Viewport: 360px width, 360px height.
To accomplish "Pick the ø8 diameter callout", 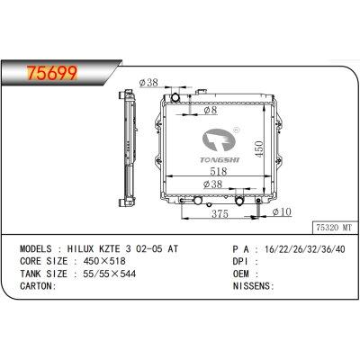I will tap(209, 112).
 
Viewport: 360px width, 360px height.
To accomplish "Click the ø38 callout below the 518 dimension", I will tap(213, 184).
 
